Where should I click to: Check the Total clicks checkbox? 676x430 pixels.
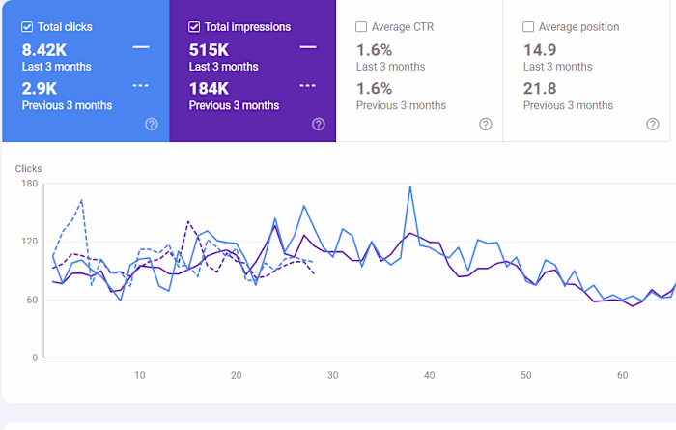27,27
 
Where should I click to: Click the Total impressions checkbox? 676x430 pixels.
195,27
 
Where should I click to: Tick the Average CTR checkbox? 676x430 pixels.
361,27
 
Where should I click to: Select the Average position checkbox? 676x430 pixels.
528,27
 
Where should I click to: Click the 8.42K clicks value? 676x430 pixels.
43,49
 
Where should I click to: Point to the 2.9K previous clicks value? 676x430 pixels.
38,88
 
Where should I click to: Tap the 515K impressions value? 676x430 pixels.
210,49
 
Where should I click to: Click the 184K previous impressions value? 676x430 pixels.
210,88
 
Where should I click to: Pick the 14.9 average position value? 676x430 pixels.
540,49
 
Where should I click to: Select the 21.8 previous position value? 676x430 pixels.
540,88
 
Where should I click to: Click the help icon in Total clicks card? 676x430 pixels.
151,124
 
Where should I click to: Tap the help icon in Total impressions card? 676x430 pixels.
319,124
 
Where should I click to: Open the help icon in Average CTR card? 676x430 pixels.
486,124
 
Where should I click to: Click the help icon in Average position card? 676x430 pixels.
653,124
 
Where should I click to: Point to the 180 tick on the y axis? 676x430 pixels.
28,184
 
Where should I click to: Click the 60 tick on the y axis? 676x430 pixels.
31,300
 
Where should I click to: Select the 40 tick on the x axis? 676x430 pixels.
430,375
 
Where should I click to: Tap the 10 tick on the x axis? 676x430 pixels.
140,375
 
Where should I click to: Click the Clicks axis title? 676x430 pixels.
29,168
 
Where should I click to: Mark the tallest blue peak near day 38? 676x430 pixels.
410,186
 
